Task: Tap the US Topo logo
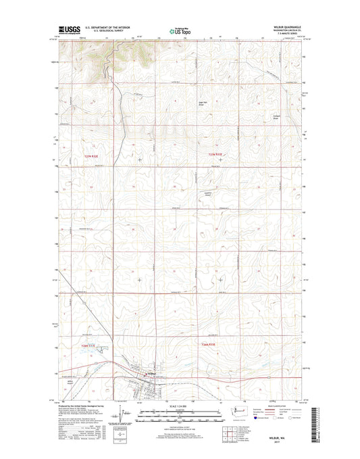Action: (179, 30)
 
